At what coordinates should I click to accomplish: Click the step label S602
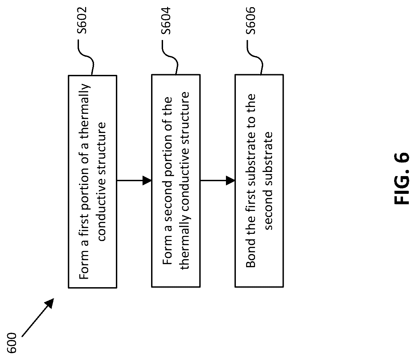82,20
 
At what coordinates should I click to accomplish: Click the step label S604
166,21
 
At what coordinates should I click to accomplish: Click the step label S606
251,21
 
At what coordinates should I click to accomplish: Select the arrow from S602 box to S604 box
134,181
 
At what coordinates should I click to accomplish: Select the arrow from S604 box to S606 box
217,181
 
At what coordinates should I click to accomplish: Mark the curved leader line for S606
254,57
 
